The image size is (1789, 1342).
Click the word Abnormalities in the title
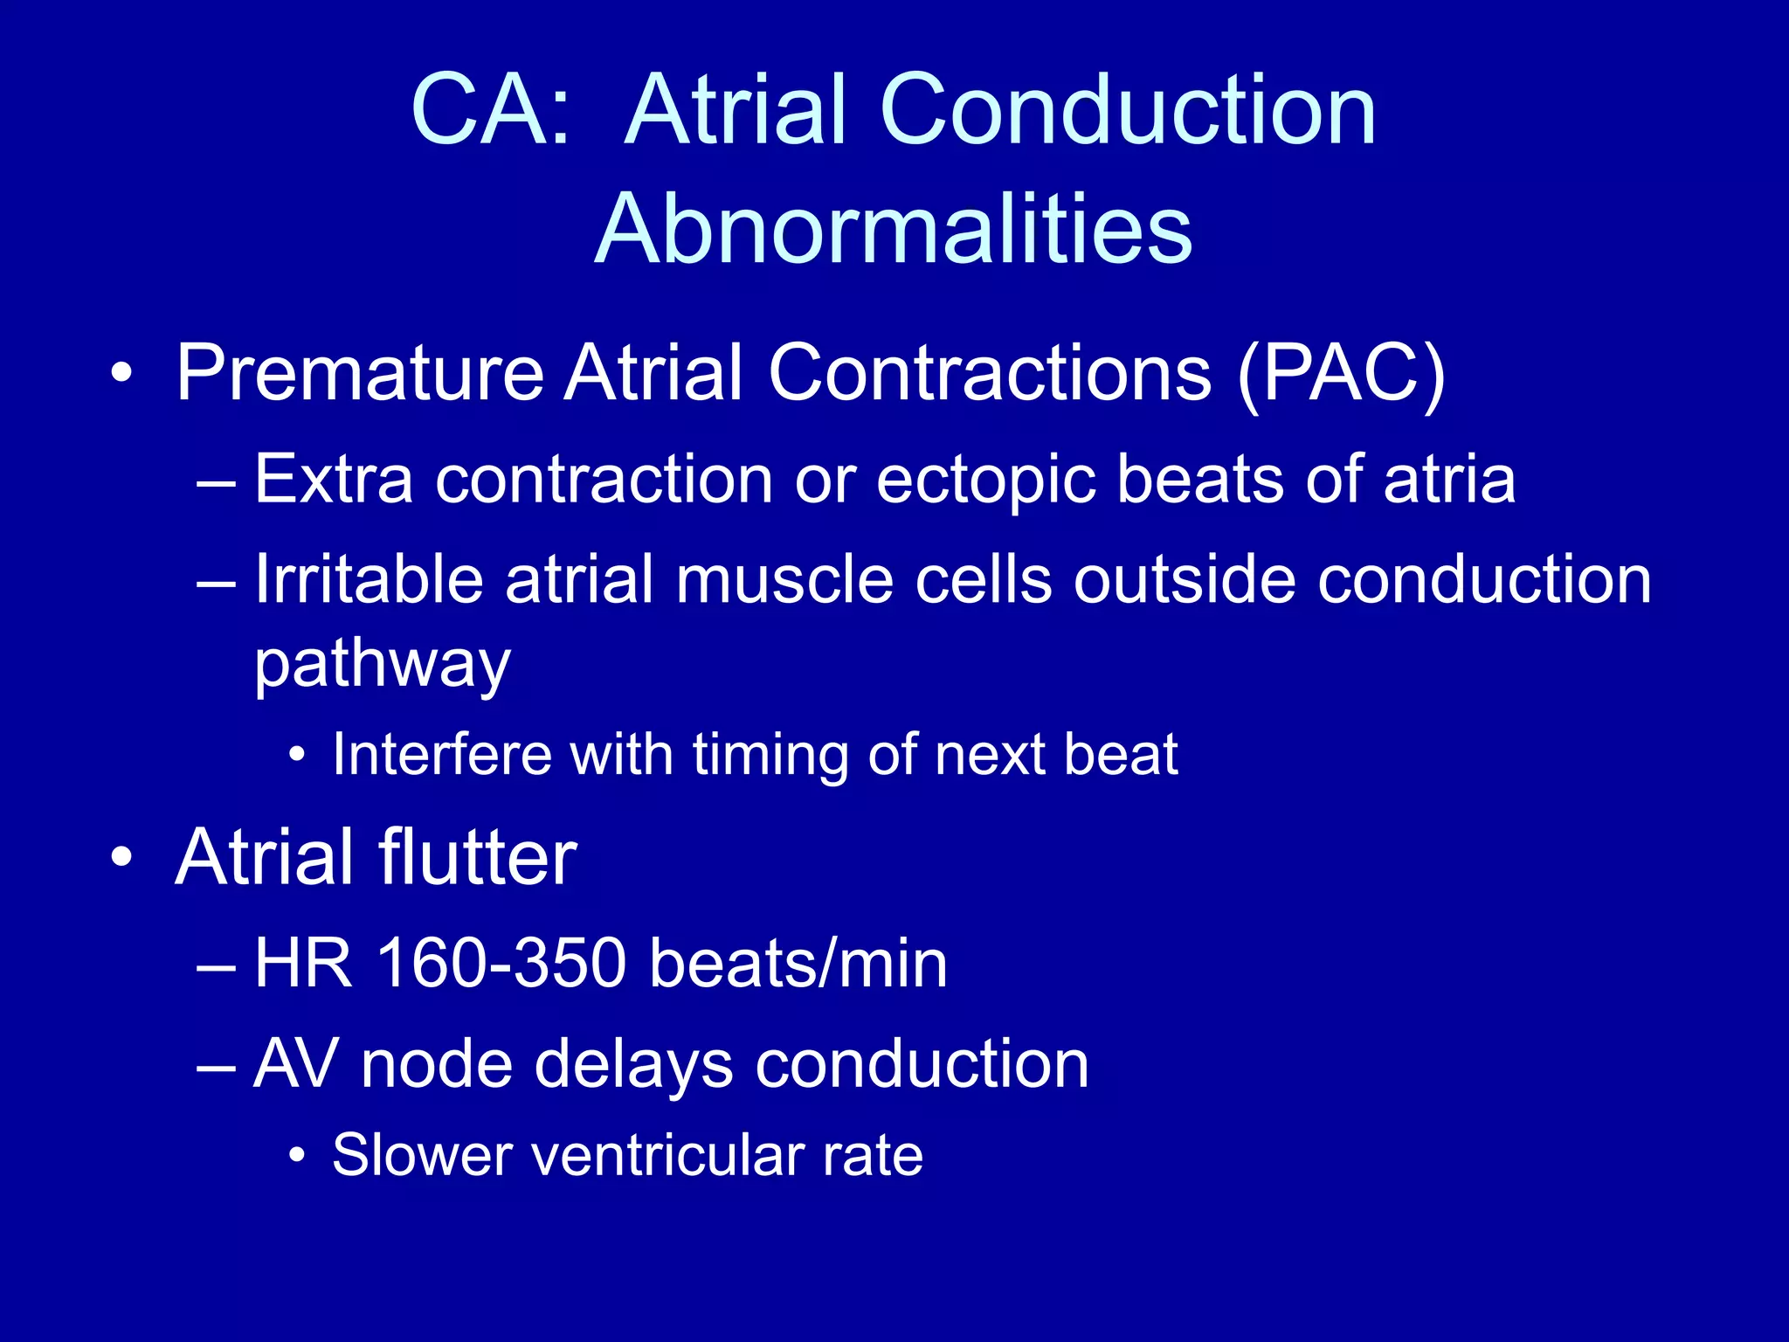pyautogui.click(x=893, y=229)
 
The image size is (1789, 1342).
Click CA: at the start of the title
pyautogui.click(x=490, y=111)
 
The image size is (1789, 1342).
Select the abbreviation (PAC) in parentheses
pyautogui.click(x=1341, y=374)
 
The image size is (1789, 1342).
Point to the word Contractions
pyautogui.click(x=990, y=374)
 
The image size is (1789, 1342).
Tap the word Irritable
pyautogui.click(x=369, y=580)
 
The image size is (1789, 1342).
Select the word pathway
pyautogui.click(x=382, y=664)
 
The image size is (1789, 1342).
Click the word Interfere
pyautogui.click(x=442, y=754)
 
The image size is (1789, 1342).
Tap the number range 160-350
pyautogui.click(x=501, y=964)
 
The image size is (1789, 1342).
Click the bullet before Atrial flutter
pyautogui.click(x=122, y=856)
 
